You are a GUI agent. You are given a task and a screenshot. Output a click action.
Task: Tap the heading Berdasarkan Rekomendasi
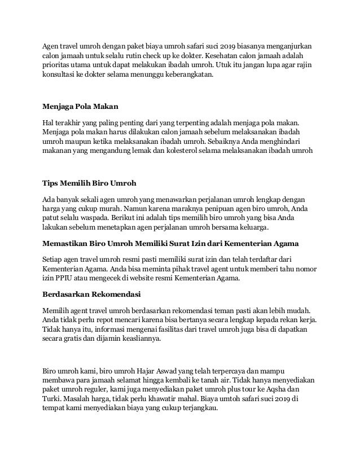click(92, 294)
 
